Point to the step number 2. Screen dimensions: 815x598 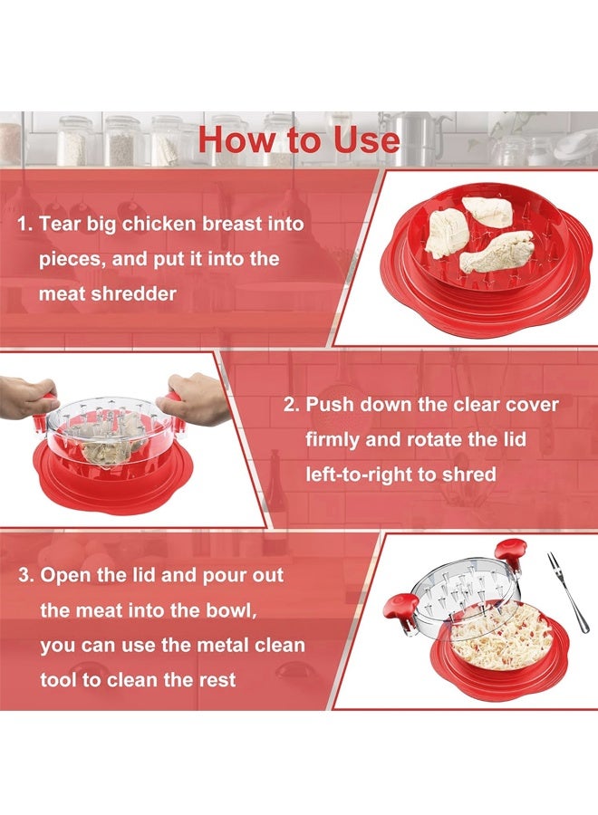tap(290, 405)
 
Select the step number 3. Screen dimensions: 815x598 tap(24, 576)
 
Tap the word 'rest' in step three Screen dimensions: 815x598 tap(217, 680)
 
